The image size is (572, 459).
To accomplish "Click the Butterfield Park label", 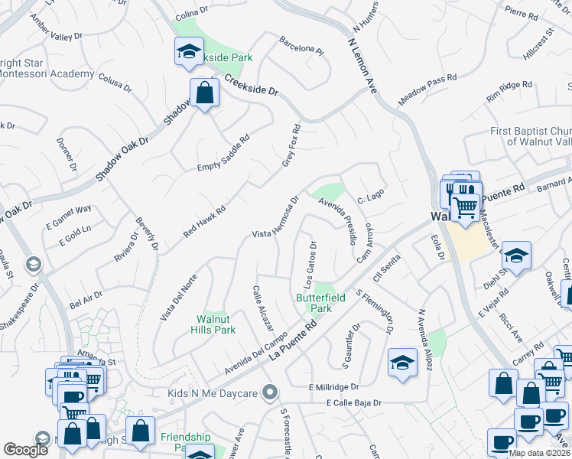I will pos(314,304).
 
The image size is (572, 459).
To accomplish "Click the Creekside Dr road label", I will pos(252,84).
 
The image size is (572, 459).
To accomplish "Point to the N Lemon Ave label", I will pos(362,66).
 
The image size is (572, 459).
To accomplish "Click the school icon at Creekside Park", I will pos(188,52).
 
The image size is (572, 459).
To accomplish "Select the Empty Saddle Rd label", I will pos(224,155).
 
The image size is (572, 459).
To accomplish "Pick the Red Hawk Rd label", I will pos(205,220).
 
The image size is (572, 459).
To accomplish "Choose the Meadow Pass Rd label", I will pos(427,90).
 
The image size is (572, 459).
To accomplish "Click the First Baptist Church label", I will pos(531,135).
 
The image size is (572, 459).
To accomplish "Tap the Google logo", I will pos(25,451).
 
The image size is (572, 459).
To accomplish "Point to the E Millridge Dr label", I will pos(334,388).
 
